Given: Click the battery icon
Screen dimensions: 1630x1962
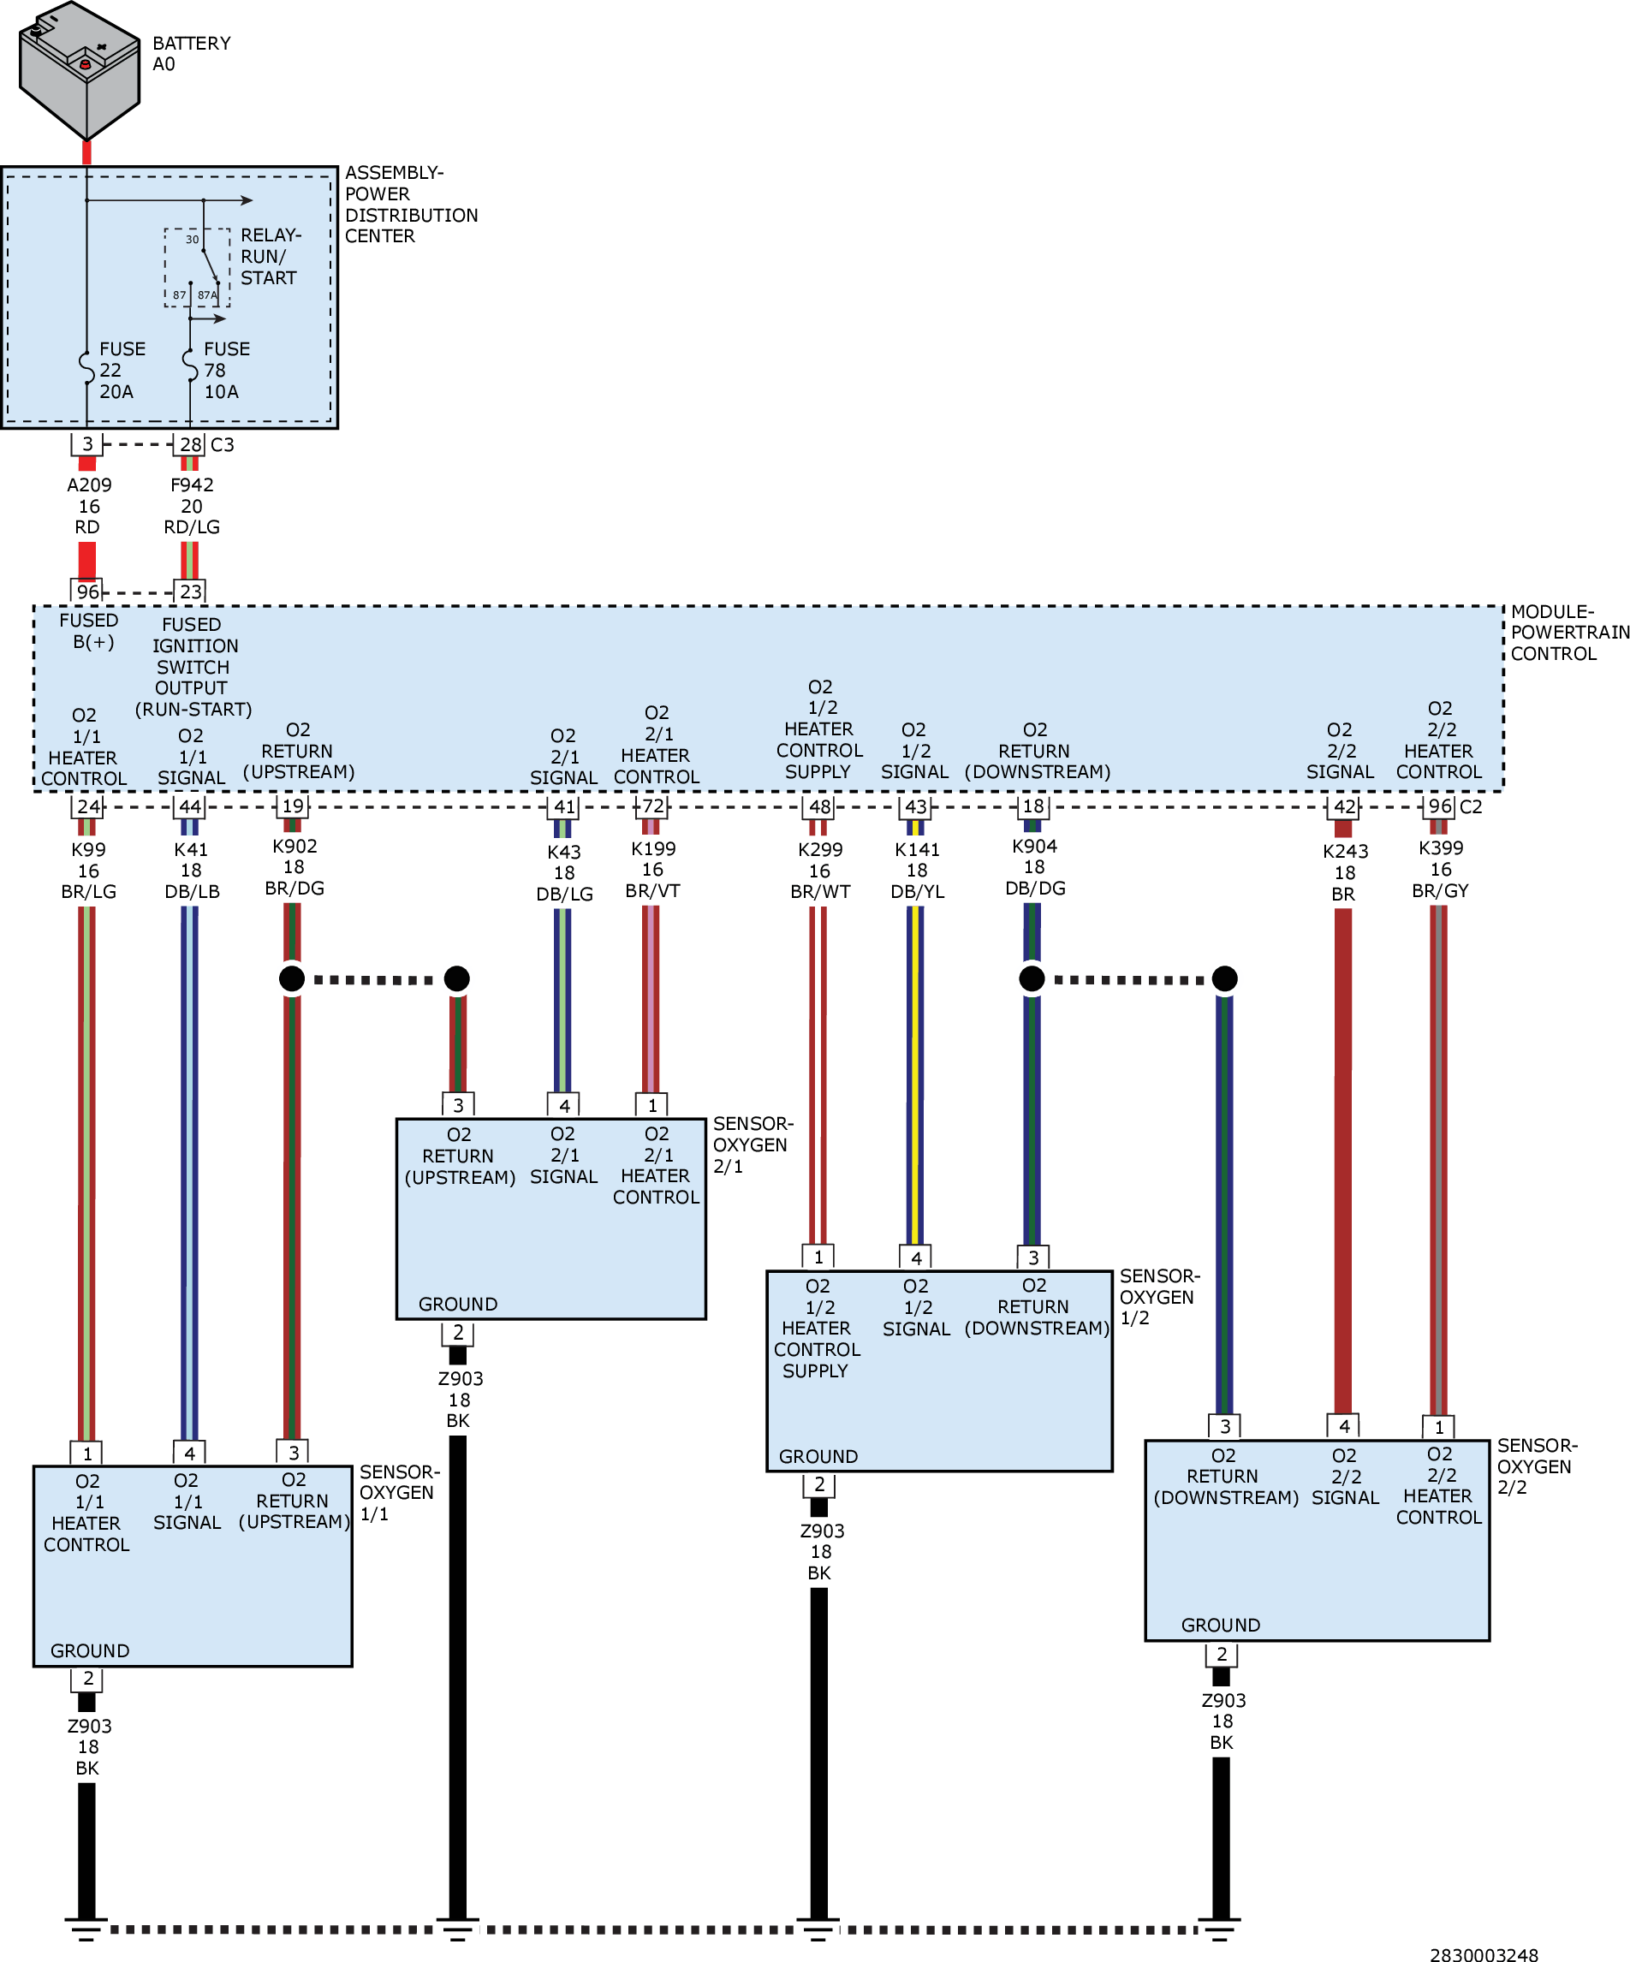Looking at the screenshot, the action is pyautogui.click(x=80, y=71).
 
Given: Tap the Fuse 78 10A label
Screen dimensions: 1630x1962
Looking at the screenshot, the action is pyautogui.click(x=227, y=370).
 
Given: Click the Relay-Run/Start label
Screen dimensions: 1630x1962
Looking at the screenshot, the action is pyautogui.click(x=271, y=256).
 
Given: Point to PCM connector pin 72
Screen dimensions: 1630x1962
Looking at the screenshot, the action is pyautogui.click(x=653, y=806).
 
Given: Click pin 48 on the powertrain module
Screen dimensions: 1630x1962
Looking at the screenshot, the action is pyautogui.click(x=819, y=806).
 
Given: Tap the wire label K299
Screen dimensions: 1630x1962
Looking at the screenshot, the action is pyautogui.click(x=820, y=849).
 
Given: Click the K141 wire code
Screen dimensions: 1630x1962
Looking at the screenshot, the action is pyautogui.click(x=917, y=849).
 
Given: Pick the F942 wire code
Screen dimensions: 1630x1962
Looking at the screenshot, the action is pyautogui.click(x=192, y=485).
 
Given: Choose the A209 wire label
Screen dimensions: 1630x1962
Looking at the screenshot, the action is pyautogui.click(x=89, y=485).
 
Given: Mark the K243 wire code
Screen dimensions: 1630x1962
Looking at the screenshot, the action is pyautogui.click(x=1345, y=851).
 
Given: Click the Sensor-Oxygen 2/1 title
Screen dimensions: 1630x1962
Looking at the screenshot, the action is pyautogui.click(x=753, y=1144).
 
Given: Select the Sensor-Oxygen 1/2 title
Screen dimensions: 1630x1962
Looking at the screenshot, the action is pyautogui.click(x=1160, y=1297).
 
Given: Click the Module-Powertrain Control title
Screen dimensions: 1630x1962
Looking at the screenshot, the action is pyautogui.click(x=1570, y=633).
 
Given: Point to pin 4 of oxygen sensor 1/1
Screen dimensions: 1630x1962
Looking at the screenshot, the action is pyautogui.click(x=189, y=1453).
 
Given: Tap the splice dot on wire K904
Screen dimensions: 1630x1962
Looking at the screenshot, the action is pyautogui.click(x=1032, y=978).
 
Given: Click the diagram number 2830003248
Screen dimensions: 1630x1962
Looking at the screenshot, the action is pyautogui.click(x=1484, y=1953).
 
